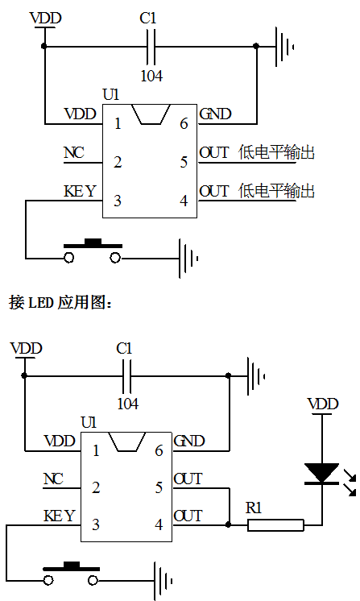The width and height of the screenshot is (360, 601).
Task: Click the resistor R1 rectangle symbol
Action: click(275, 525)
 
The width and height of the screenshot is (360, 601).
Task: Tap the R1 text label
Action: click(254, 508)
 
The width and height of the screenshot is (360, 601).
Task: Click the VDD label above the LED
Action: click(323, 403)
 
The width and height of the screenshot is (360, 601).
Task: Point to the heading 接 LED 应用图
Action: click(64, 303)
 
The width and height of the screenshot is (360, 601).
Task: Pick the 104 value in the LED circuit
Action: click(128, 402)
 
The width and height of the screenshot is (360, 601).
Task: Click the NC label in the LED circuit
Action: click(52, 480)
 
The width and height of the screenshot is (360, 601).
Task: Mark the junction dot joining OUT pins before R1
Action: click(229, 525)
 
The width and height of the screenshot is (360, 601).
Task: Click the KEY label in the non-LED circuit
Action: click(80, 192)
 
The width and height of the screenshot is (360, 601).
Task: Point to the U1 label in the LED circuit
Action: click(89, 422)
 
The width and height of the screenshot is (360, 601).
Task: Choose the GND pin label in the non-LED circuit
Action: click(214, 114)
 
